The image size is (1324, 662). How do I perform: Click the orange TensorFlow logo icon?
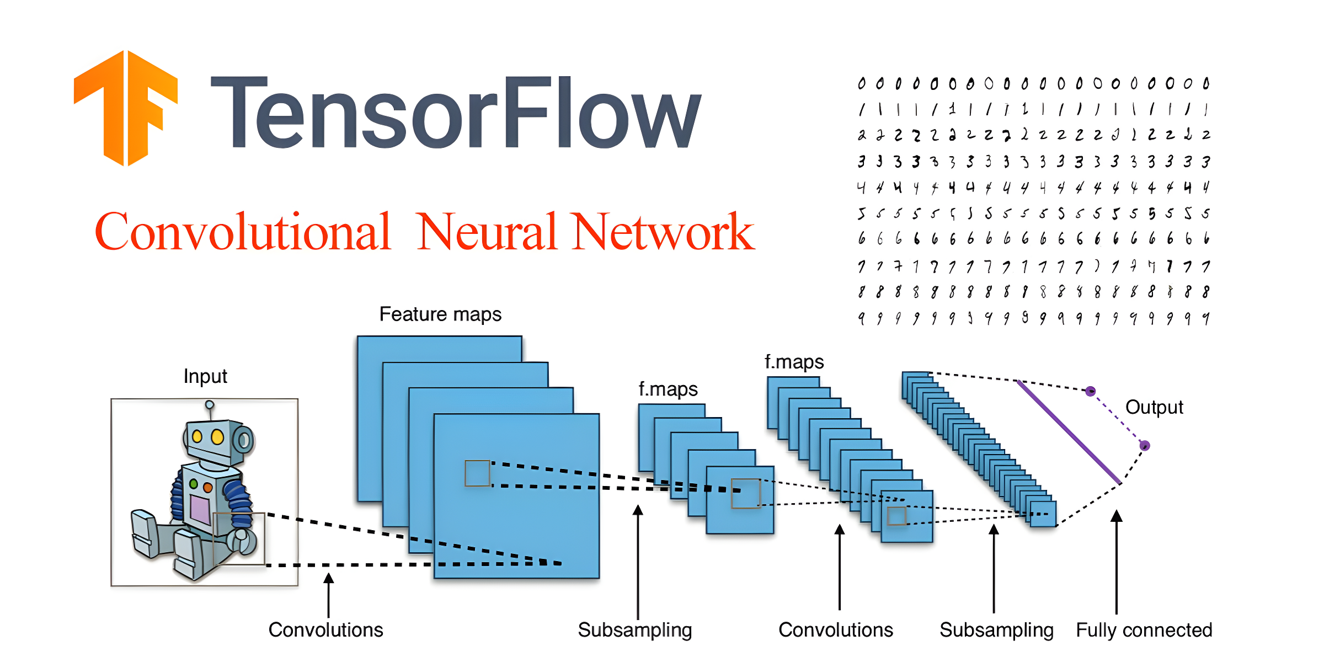(126, 108)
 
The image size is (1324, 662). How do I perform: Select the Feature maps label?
(440, 314)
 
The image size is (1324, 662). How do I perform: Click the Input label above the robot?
(205, 376)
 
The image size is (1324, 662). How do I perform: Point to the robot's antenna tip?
(210, 404)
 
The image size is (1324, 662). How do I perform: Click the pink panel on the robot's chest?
(200, 509)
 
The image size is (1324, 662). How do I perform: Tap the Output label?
(1154, 407)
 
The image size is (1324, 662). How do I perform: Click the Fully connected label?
(1144, 630)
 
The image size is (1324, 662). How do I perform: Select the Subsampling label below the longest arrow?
(634, 630)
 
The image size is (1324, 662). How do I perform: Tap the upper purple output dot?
(1090, 391)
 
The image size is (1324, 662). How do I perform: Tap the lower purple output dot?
(1145, 445)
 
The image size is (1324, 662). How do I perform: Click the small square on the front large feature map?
(477, 473)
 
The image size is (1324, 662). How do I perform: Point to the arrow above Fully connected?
(1117, 563)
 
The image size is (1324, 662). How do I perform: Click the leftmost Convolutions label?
(325, 630)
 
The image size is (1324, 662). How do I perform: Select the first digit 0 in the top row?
(862, 84)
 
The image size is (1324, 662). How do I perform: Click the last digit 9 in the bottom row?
(1206, 318)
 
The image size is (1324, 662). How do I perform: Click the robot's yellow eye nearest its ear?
(217, 437)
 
